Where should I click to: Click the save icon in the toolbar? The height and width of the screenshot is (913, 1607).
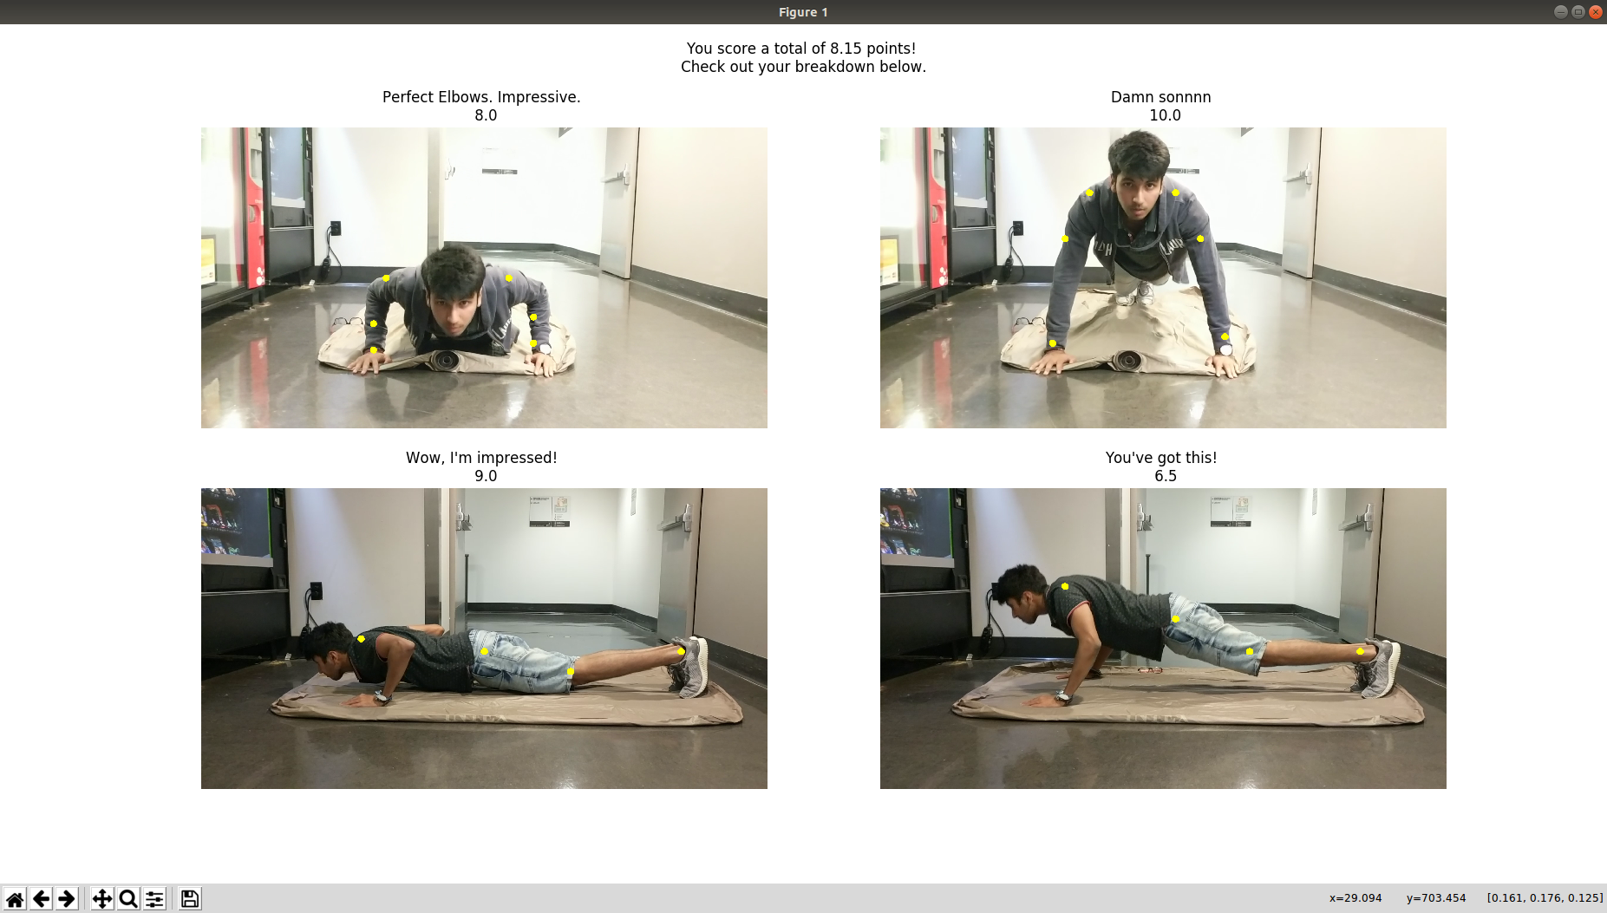[x=189, y=898]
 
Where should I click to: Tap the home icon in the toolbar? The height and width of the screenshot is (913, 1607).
[x=15, y=898]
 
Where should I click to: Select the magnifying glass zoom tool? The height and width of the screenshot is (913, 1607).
[x=128, y=898]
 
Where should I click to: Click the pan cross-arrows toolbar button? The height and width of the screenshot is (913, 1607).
[x=102, y=898]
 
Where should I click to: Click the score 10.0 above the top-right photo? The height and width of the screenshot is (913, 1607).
[x=1165, y=115]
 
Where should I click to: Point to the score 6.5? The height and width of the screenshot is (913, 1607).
[x=1165, y=476]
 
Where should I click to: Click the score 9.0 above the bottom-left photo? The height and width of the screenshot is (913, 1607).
[x=486, y=476]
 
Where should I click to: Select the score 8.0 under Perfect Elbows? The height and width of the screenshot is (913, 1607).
[x=486, y=115]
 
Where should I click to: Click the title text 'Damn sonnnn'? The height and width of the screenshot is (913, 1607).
[x=1160, y=97]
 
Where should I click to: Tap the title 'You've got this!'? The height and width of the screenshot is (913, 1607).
[x=1161, y=458]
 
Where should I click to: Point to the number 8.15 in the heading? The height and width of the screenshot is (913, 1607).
[x=846, y=49]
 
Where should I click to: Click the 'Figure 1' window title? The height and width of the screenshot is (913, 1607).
[x=803, y=12]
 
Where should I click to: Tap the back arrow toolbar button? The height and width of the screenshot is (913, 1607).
[x=41, y=898]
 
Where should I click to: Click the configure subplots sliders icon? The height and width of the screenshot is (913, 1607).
[x=154, y=898]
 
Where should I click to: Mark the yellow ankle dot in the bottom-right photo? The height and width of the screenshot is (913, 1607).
[x=1360, y=651]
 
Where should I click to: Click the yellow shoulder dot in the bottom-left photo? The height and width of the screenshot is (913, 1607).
[x=361, y=639]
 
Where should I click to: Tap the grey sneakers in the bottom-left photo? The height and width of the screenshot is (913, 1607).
[x=691, y=667]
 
